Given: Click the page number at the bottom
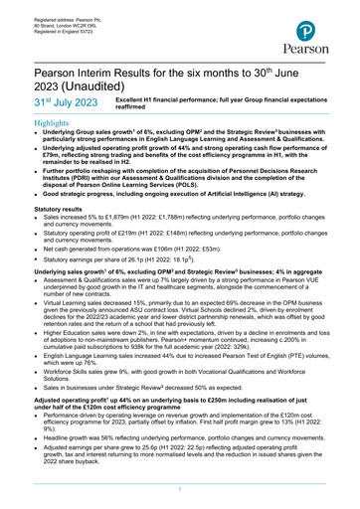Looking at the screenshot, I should pos(179,491).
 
